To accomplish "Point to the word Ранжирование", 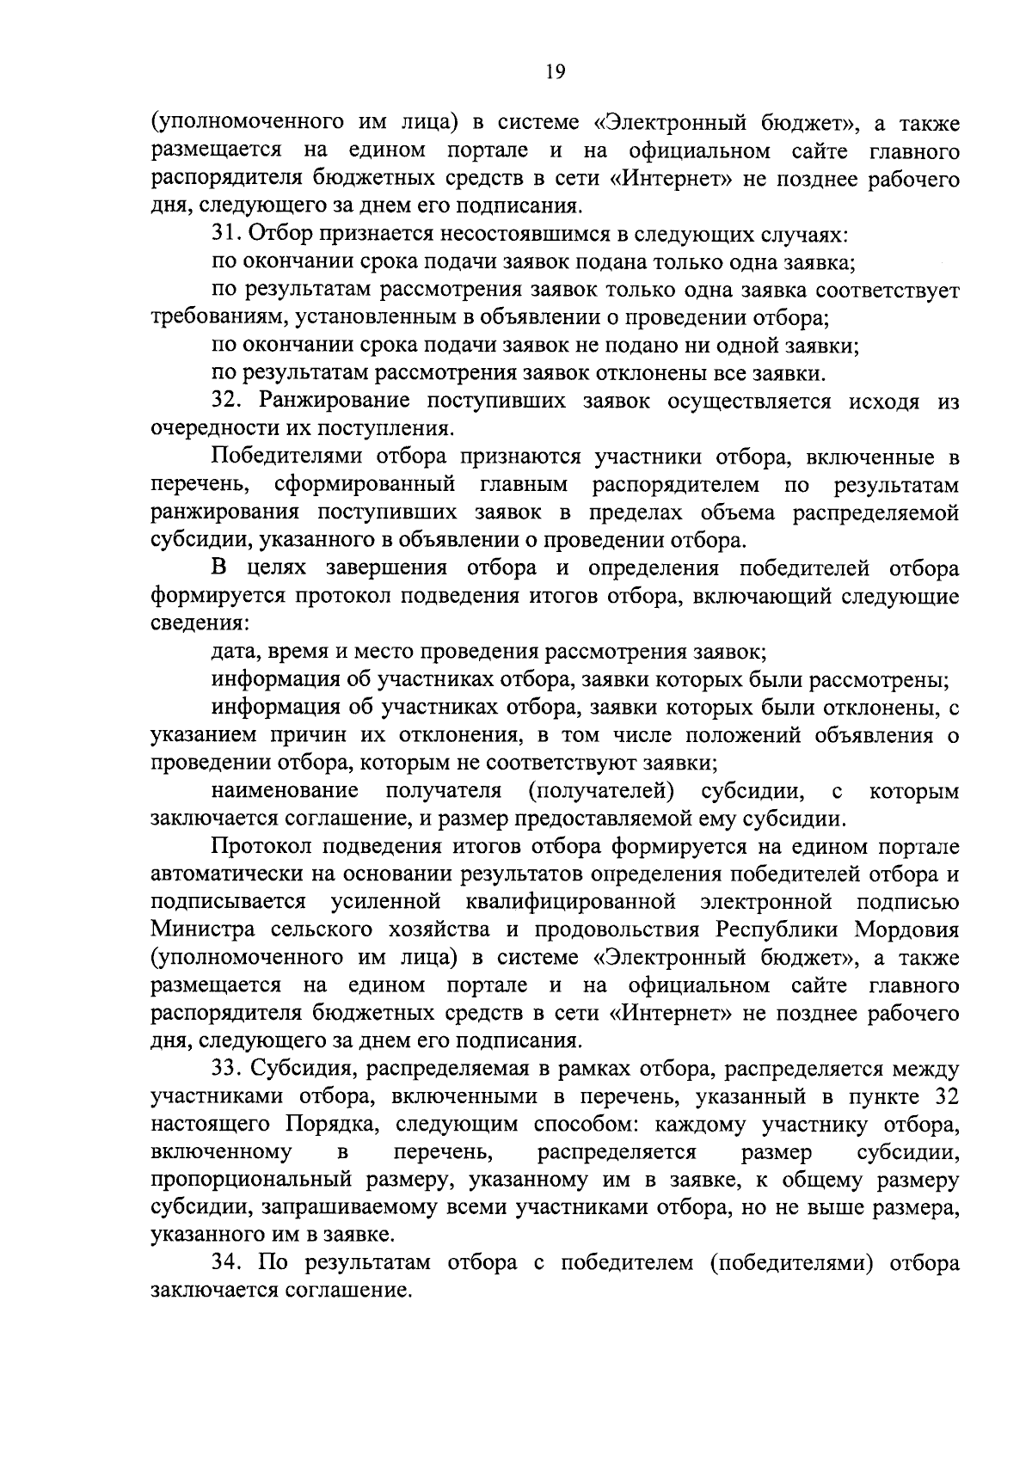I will click(x=331, y=401).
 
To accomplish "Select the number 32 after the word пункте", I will click(x=944, y=1097).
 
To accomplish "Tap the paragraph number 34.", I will click(x=227, y=1263).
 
